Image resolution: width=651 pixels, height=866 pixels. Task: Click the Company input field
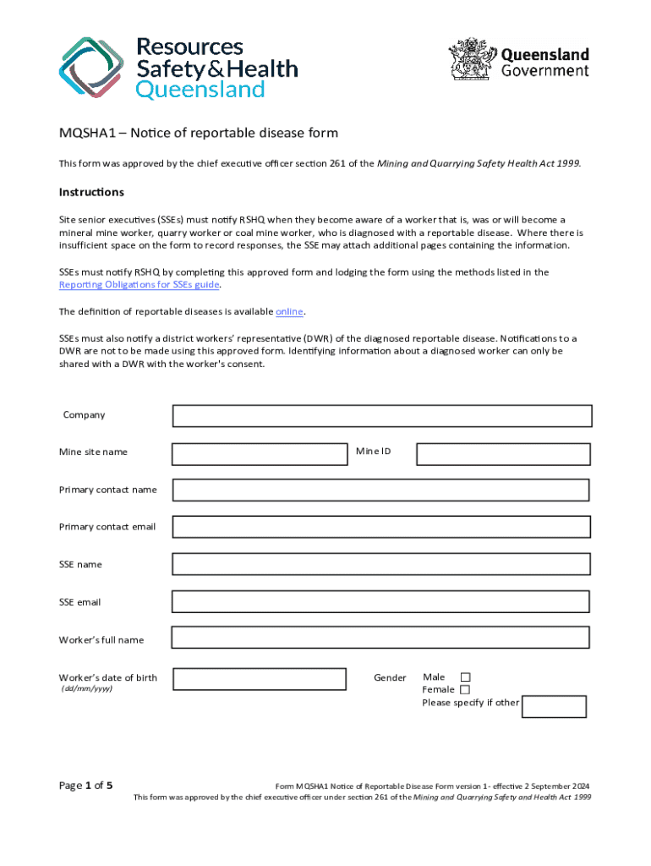click(382, 416)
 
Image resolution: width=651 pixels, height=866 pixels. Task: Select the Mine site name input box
click(260, 454)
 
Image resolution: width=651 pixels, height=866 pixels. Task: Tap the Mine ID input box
click(502, 454)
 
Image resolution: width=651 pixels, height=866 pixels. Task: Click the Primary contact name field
click(381, 491)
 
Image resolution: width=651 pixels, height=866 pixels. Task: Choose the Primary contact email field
click(381, 527)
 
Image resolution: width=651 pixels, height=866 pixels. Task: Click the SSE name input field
click(381, 564)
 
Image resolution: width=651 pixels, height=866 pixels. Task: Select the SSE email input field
click(381, 601)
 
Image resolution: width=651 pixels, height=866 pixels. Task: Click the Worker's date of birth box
click(260, 679)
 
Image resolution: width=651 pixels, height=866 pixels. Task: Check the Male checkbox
click(465, 677)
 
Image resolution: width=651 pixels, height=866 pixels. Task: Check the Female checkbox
click(465, 690)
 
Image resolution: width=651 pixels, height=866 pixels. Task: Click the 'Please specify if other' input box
click(554, 706)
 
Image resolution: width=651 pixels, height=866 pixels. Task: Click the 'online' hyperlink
click(289, 312)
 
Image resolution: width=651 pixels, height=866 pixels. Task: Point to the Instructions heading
click(91, 192)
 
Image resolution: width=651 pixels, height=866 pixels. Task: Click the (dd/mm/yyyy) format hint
click(86, 689)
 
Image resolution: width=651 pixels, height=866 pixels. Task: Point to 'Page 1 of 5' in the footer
click(86, 785)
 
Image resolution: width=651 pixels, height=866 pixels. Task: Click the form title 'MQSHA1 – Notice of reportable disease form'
click(198, 134)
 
